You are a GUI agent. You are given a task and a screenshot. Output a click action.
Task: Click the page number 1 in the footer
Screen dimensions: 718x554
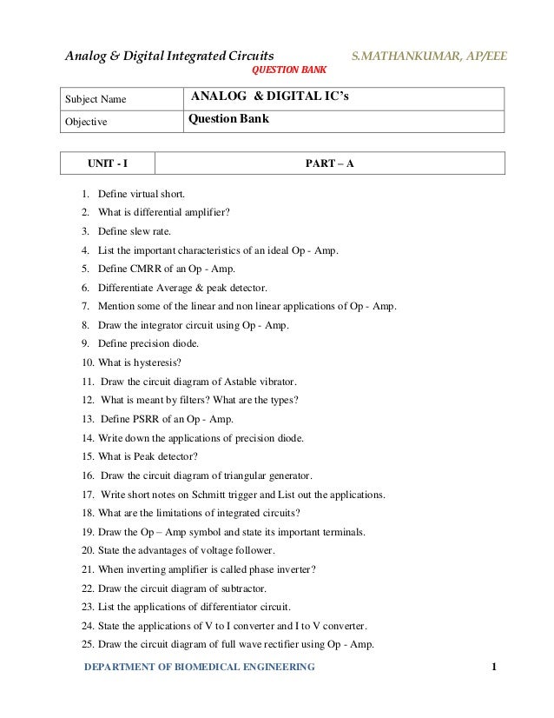coord(494,666)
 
